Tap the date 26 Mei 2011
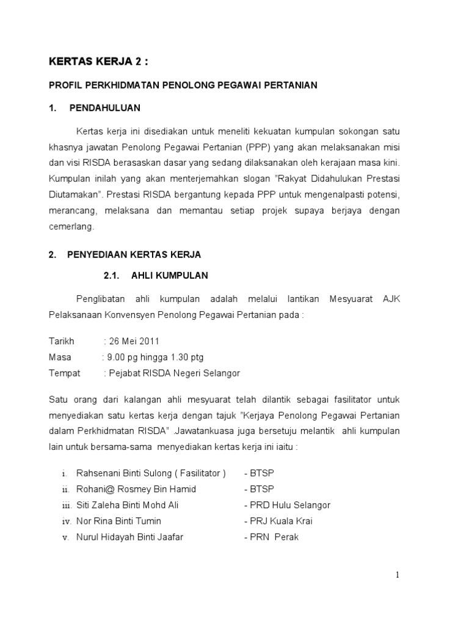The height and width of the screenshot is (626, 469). coord(134,341)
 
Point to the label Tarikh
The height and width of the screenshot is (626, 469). coord(61,341)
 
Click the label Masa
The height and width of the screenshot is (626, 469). coord(60,357)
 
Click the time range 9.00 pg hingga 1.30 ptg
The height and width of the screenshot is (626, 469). coord(155,357)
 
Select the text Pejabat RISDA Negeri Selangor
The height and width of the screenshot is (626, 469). coord(173,373)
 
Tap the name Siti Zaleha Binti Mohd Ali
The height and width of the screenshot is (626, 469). coord(127,505)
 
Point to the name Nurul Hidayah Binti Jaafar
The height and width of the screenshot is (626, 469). coord(129,537)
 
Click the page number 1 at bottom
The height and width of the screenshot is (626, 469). coord(397,575)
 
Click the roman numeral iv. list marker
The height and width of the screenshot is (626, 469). coord(67,521)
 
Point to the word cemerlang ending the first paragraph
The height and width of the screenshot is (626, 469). coord(71,226)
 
